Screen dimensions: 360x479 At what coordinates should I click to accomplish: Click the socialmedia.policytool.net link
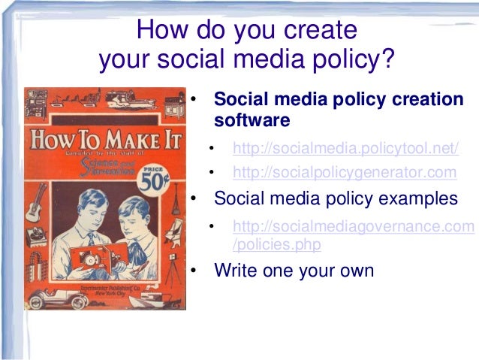pos(345,147)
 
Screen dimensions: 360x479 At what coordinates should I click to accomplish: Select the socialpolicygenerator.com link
pos(345,173)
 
